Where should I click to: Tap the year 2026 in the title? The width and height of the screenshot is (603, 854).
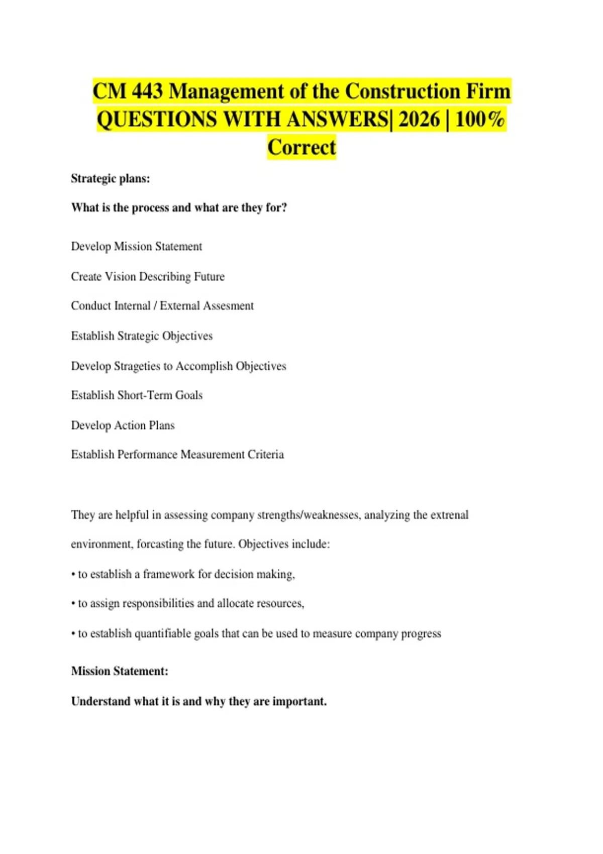tap(419, 120)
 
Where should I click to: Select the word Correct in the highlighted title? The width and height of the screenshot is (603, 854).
tap(301, 148)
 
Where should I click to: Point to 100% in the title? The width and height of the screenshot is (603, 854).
tap(480, 120)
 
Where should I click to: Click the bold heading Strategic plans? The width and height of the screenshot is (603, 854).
tap(111, 178)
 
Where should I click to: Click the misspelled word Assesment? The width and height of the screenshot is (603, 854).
tap(228, 306)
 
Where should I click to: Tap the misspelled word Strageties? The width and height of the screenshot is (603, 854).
tap(137, 366)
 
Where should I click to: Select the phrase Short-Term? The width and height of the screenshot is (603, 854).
tap(145, 395)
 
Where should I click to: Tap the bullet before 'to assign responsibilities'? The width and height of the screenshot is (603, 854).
tap(73, 604)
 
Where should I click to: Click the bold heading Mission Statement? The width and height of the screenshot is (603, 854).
tap(120, 671)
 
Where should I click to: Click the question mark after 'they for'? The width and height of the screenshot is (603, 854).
tap(284, 207)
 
